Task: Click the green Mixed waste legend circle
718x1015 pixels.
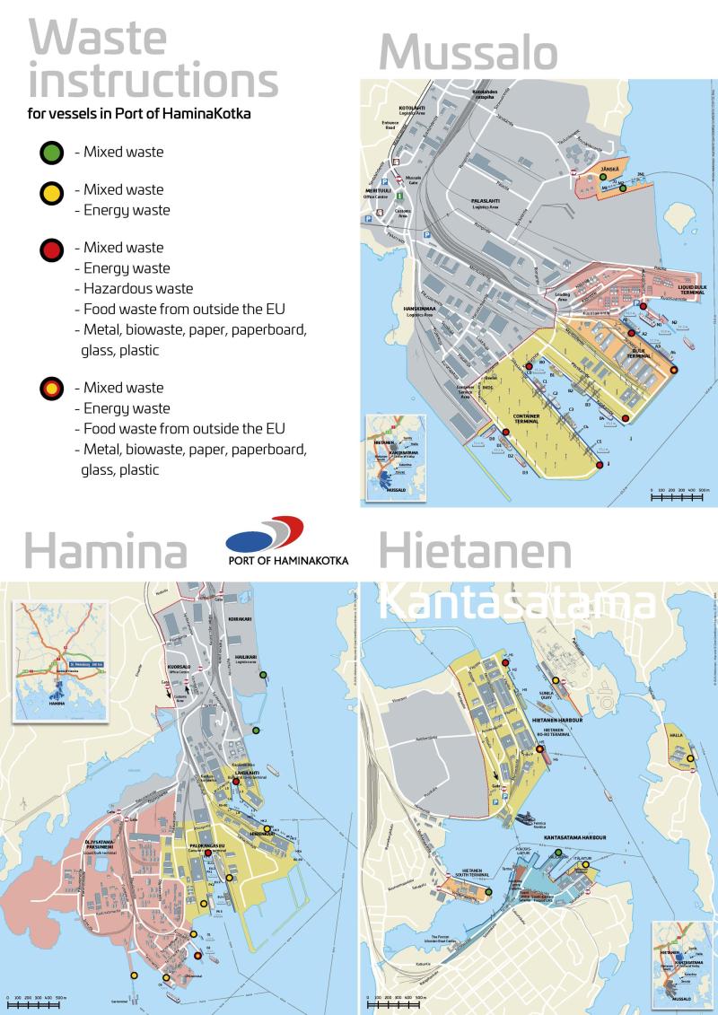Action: coord(52,153)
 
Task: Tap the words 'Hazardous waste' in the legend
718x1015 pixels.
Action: coord(138,288)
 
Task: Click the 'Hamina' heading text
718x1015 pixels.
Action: coord(105,551)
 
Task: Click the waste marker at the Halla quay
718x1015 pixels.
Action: coord(690,759)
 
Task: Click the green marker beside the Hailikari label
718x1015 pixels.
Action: coord(263,674)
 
